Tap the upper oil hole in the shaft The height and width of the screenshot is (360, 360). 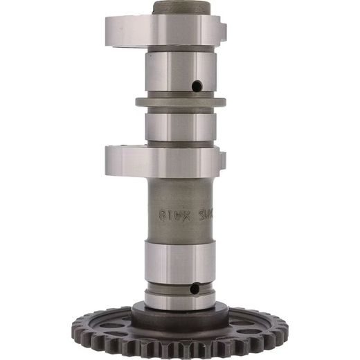click(197, 87)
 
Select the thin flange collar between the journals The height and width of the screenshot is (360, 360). click(179, 102)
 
